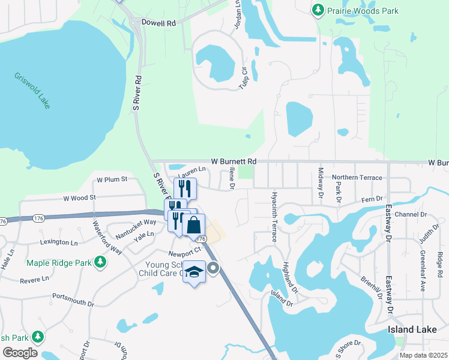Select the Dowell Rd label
pos(158,23)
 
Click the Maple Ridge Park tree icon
pos(101,262)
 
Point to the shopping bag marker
pos(194,226)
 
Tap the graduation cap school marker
pos(194,272)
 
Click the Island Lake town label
pos(410,331)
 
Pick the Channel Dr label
pos(411,214)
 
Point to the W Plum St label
pos(112,179)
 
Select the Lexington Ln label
pos(59,243)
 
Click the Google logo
pos(20,353)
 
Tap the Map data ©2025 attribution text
pos(423,355)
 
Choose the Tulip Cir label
pos(244,78)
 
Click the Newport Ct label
pos(182,253)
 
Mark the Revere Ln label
pos(34,280)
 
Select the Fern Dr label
pos(372,199)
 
